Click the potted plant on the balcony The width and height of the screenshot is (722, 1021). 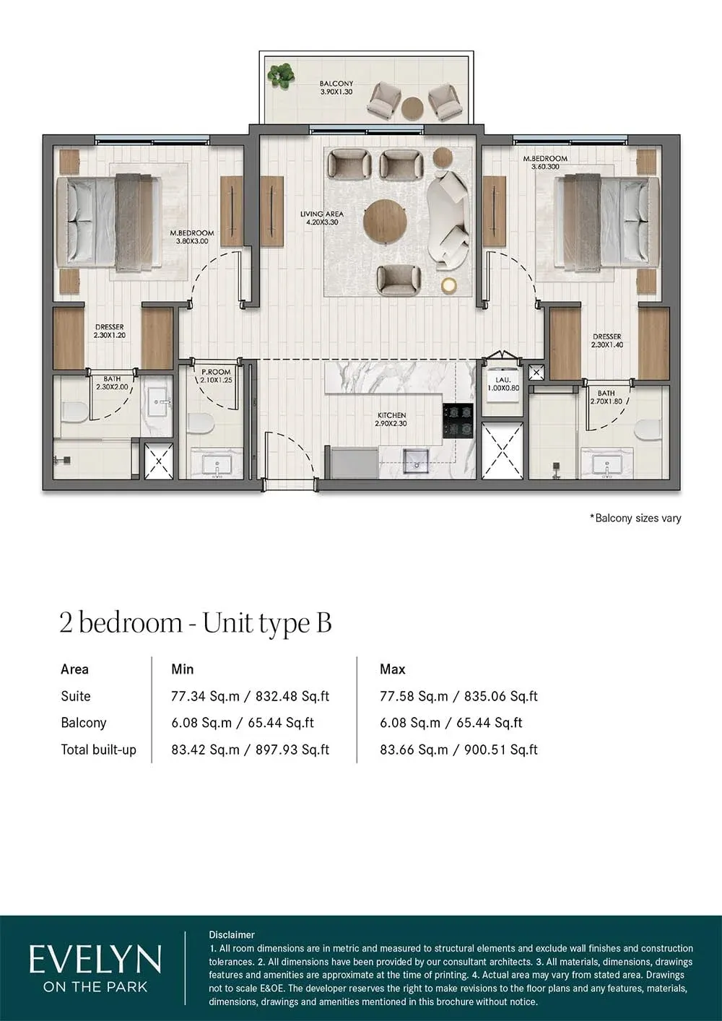point(280,75)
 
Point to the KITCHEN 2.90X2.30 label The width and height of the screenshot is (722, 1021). point(391,420)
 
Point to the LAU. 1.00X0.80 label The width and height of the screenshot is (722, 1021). point(503,383)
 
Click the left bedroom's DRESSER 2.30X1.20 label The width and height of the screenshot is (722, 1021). point(110,331)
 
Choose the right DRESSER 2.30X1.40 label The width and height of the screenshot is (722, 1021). point(606,341)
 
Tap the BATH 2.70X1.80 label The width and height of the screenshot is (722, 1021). point(606,397)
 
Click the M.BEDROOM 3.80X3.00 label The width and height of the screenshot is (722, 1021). point(191,237)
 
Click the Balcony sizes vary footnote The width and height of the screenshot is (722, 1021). point(635,518)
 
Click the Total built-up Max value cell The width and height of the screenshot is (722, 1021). point(458,750)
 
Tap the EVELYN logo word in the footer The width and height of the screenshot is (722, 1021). point(95,960)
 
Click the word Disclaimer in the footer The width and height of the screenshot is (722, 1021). point(232,934)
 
